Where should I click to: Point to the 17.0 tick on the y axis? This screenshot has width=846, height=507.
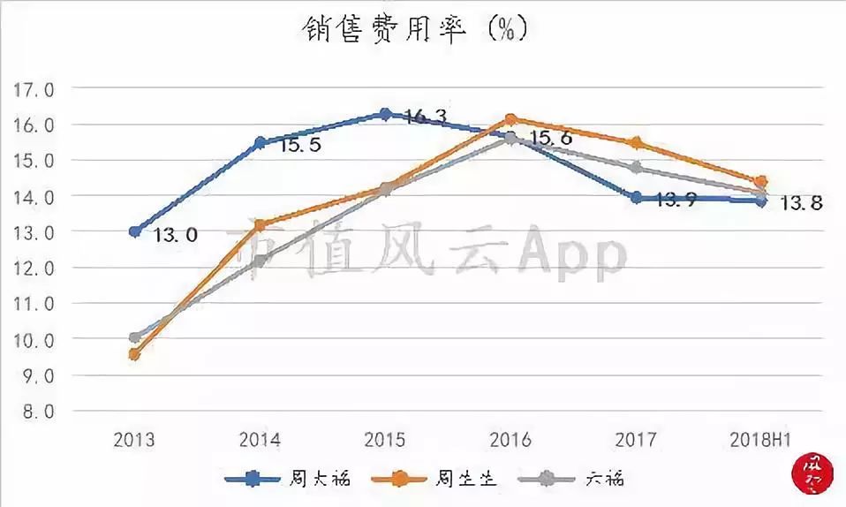pos(33,89)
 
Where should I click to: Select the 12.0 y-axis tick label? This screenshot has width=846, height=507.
pos(33,269)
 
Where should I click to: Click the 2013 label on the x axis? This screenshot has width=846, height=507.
pos(134,440)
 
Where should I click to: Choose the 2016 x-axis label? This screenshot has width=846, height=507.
pos(510,440)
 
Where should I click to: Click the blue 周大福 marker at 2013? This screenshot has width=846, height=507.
pos(135,231)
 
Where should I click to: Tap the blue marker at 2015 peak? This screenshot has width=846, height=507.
pos(385,114)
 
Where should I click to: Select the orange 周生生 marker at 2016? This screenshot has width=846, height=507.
pos(510,119)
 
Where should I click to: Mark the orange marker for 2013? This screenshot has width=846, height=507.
pos(135,354)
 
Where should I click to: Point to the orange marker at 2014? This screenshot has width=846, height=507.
pos(260,224)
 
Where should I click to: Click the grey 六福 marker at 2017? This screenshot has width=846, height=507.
pos(636,168)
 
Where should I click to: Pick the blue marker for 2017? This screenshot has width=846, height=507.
pos(636,198)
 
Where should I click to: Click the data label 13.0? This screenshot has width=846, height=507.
pos(176,236)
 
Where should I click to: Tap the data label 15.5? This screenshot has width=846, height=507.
pos(301,145)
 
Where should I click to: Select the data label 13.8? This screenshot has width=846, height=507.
pos(802,204)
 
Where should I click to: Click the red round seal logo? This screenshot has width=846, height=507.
pos(813,473)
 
